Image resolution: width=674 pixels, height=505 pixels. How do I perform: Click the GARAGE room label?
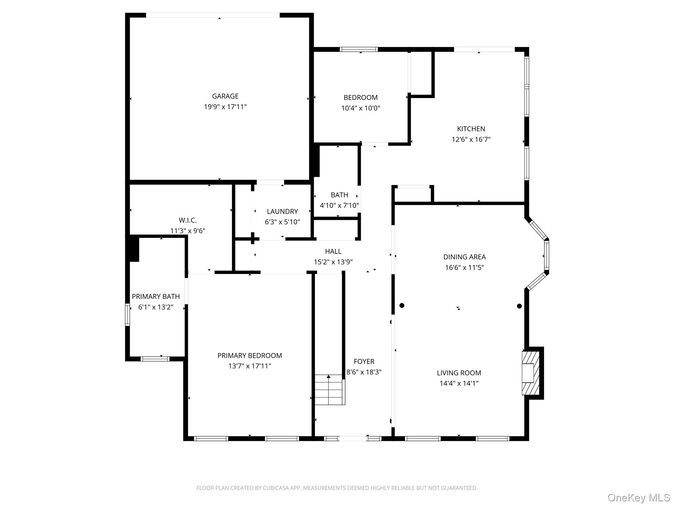tap(225, 96)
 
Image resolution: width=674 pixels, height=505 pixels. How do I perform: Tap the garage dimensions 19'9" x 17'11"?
tap(225, 107)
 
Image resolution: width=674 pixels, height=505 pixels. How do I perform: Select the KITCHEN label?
tap(471, 129)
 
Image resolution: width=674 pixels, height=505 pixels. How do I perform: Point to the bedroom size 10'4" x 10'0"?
tap(360, 108)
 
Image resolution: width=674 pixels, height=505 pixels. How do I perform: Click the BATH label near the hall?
tap(339, 195)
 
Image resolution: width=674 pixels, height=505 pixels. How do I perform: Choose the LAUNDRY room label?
tap(282, 211)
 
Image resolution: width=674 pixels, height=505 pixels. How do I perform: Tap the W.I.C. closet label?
tap(188, 220)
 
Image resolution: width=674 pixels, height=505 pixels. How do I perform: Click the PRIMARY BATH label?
tap(156, 297)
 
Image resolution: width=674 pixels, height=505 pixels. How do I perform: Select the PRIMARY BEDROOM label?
tap(249, 355)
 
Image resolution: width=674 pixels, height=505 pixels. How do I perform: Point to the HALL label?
tap(333, 252)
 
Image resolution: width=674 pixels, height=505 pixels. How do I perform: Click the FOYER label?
tap(364, 362)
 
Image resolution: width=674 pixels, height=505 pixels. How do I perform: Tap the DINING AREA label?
tap(464, 257)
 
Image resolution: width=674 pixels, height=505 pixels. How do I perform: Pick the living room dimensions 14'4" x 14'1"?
tap(459, 383)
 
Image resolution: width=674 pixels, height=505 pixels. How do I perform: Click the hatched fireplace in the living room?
tap(531, 373)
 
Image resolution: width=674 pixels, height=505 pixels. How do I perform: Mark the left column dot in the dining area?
tap(402, 305)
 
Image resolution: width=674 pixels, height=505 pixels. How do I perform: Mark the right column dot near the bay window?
tap(519, 306)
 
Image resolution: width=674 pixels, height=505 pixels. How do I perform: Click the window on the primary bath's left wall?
tap(127, 315)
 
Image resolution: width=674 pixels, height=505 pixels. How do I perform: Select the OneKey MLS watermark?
tap(638, 497)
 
